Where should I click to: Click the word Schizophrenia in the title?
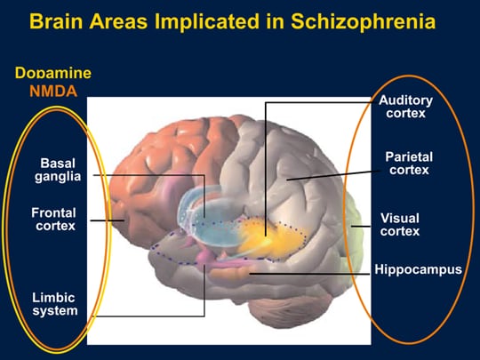pyautogui.click(x=363, y=21)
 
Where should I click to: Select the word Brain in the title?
pyautogui.click(x=56, y=21)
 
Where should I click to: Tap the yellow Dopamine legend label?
pyautogui.click(x=53, y=73)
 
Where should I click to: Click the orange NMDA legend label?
pyautogui.click(x=53, y=92)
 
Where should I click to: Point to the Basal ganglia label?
pyautogui.click(x=58, y=170)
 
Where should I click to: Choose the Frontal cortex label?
pyautogui.click(x=54, y=220)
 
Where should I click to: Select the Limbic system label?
pyautogui.click(x=55, y=304)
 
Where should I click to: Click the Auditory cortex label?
pyautogui.click(x=405, y=107)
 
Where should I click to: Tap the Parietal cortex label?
pyautogui.click(x=409, y=164)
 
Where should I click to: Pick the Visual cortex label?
pyautogui.click(x=400, y=224)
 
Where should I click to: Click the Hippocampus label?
pyautogui.click(x=418, y=269)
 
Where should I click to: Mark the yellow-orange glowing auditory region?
pyautogui.click(x=269, y=237)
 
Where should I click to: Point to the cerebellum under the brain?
pyautogui.click(x=284, y=311)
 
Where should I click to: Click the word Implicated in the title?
pyautogui.click(x=207, y=22)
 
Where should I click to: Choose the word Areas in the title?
pyautogui.click(x=119, y=21)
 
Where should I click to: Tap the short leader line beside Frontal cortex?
pyautogui.click(x=108, y=220)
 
